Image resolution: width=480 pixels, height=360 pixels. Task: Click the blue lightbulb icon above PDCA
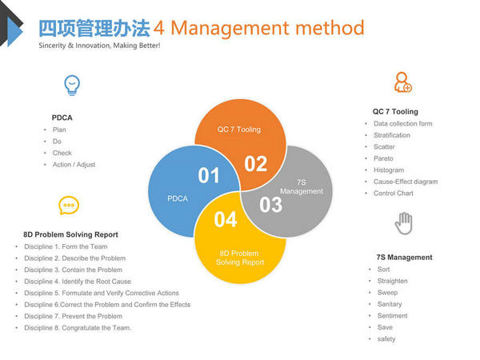click(x=72, y=85)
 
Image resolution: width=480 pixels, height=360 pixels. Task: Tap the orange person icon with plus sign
click(x=403, y=82)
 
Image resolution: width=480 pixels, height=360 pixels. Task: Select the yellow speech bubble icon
click(x=69, y=205)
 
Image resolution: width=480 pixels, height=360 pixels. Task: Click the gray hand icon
click(x=404, y=223)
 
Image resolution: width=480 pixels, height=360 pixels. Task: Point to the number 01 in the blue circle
click(x=209, y=175)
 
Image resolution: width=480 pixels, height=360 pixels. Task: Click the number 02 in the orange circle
click(x=256, y=164)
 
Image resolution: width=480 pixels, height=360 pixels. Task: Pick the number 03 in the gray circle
click(x=270, y=205)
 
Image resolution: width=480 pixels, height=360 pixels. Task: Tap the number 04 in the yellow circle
click(x=226, y=219)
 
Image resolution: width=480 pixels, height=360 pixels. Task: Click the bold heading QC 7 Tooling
click(x=395, y=112)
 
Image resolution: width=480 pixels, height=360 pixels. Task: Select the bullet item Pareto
click(x=383, y=158)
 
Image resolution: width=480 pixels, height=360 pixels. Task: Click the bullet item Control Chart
click(x=394, y=193)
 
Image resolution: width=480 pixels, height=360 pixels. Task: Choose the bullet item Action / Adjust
click(x=74, y=165)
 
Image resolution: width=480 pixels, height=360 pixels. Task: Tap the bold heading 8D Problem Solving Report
click(x=70, y=234)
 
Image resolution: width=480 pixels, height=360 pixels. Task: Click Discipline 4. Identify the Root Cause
click(x=78, y=282)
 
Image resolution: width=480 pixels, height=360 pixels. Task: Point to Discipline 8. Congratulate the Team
click(x=78, y=328)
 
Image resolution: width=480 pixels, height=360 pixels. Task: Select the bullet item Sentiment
click(x=393, y=316)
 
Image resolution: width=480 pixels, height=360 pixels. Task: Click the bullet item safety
click(x=386, y=339)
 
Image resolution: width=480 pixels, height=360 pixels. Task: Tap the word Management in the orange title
click(x=230, y=28)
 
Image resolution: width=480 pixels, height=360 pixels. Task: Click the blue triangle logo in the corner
click(x=14, y=31)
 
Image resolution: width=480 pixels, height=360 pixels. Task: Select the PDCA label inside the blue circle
click(x=178, y=198)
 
